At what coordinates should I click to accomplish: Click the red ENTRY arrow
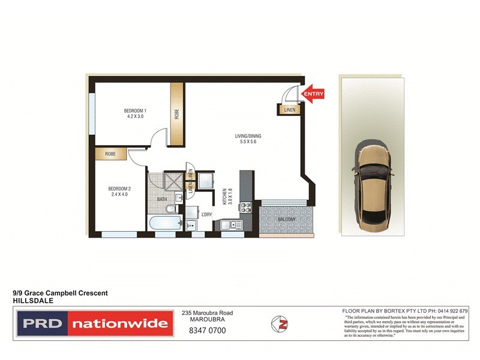click(313, 94)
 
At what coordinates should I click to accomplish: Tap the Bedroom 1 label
click(135, 113)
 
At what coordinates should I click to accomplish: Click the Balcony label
click(287, 220)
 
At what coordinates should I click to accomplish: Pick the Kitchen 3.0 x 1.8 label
click(227, 197)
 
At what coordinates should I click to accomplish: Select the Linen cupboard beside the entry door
click(290, 110)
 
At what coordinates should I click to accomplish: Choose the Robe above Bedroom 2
click(110, 154)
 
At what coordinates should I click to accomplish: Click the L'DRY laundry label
click(206, 214)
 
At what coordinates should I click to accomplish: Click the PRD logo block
click(41, 325)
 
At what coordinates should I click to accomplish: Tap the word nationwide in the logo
click(119, 325)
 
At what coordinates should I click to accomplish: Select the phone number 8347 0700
click(207, 330)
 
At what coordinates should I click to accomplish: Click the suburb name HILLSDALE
click(30, 301)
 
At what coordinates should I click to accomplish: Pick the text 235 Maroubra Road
click(207, 313)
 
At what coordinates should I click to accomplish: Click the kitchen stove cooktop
click(245, 208)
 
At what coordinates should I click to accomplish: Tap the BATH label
click(162, 199)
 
